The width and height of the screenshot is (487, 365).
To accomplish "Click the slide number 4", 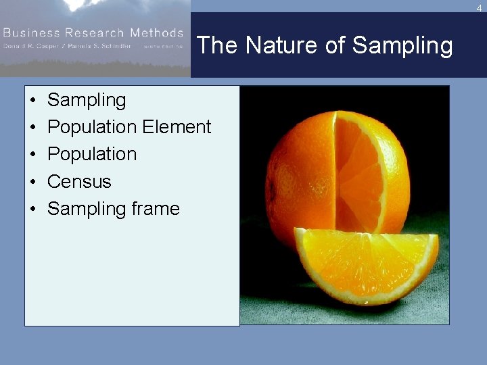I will pyautogui.click(x=479, y=8).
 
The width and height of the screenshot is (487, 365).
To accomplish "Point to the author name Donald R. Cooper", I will pyautogui.click(x=33, y=46).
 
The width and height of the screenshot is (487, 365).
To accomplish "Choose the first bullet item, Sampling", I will pyautogui.click(x=87, y=100).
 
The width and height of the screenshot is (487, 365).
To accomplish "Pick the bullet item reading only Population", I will pyautogui.click(x=92, y=154).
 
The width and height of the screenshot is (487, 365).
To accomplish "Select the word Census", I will pyautogui.click(x=79, y=182).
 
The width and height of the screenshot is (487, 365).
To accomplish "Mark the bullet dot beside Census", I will pyautogui.click(x=32, y=182).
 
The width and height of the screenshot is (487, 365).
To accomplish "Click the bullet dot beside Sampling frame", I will pyautogui.click(x=32, y=209).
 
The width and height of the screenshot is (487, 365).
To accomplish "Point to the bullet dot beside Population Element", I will pyautogui.click(x=32, y=127).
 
